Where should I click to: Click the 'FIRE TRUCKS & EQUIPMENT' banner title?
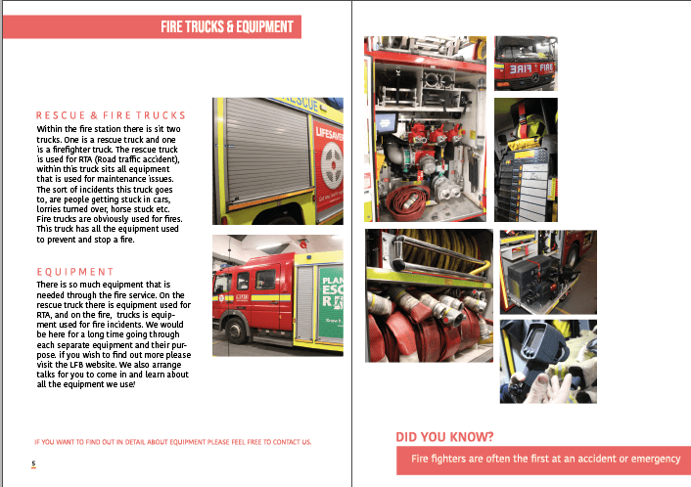pyautogui.click(x=230, y=27)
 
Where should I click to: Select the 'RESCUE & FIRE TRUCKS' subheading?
pyautogui.click(x=110, y=115)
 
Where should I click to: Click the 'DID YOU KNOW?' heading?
pyautogui.click(x=444, y=436)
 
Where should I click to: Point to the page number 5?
pyautogui.click(x=33, y=464)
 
